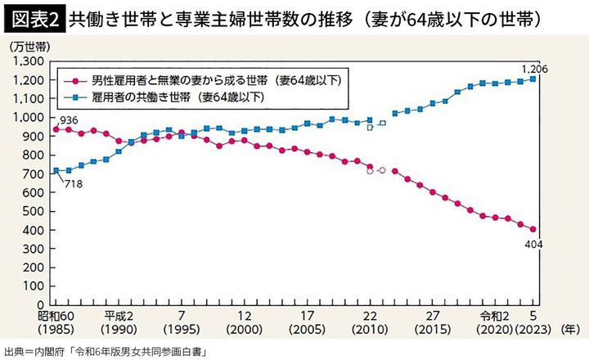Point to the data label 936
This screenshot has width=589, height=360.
point(68,121)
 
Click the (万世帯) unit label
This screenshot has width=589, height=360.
point(30,47)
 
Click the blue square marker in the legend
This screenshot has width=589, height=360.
point(75,97)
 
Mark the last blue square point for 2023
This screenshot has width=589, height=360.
point(533,79)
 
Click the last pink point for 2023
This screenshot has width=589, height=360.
point(533,230)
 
